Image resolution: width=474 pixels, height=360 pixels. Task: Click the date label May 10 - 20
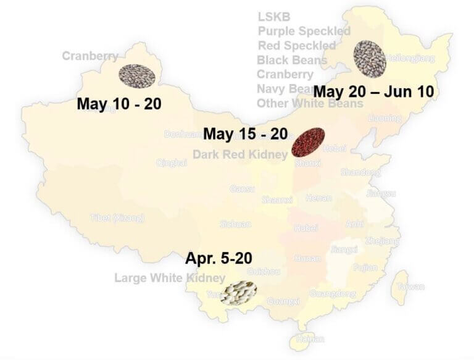tap(118, 103)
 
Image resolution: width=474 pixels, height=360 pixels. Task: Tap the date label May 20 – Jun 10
tap(373, 91)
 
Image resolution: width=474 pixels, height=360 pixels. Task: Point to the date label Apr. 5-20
tap(218, 257)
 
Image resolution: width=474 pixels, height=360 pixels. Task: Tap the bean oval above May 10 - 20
tap(136, 75)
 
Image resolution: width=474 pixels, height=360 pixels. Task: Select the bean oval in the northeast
tap(369, 56)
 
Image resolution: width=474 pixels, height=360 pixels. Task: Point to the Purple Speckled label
tap(304, 31)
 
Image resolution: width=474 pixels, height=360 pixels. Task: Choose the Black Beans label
tap(292, 60)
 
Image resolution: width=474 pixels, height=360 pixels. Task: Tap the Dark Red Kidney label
tap(239, 154)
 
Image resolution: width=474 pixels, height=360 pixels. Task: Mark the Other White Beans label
tap(310, 104)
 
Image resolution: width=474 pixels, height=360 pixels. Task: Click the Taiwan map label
tap(410, 287)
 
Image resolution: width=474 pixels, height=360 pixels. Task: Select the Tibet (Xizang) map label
tap(117, 218)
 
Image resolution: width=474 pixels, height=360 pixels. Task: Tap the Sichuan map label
tap(235, 224)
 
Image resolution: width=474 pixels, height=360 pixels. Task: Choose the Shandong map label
tap(360, 172)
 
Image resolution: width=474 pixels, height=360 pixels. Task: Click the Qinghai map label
tap(172, 163)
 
